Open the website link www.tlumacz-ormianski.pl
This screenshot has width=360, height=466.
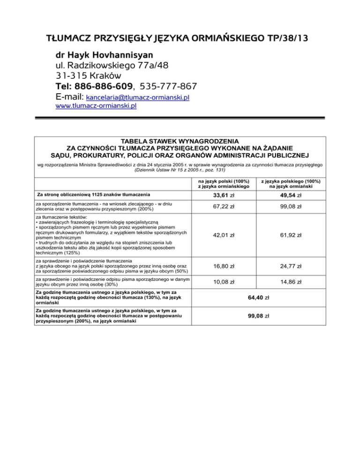[96, 107]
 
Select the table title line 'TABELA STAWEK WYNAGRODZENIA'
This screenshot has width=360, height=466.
[180, 141]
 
